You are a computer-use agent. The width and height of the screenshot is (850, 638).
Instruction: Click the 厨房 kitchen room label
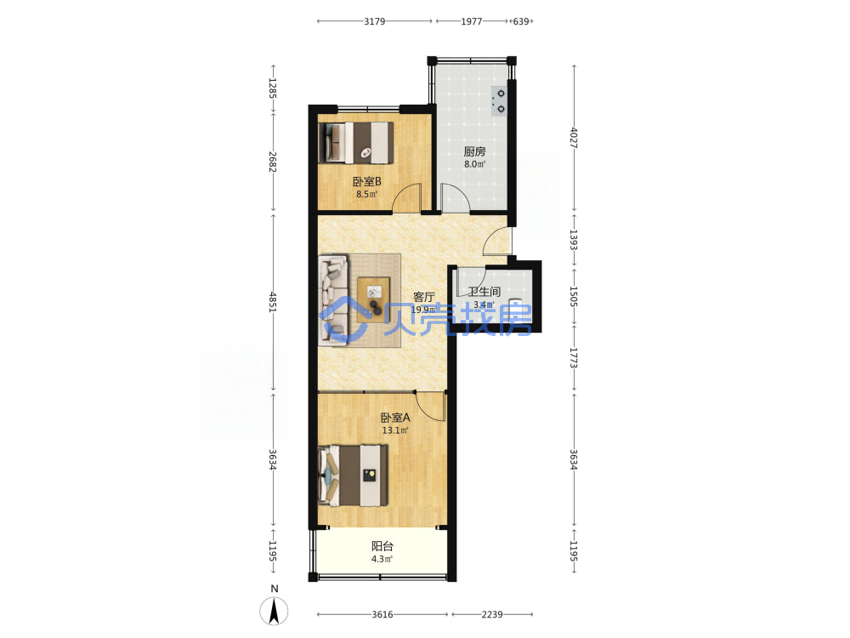click(x=474, y=152)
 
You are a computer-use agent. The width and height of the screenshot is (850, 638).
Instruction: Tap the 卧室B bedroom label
click(x=367, y=182)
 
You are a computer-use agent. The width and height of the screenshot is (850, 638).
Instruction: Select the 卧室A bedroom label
click(x=395, y=418)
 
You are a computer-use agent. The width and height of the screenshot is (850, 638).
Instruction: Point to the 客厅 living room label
click(x=424, y=297)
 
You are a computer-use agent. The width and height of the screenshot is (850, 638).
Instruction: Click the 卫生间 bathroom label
click(x=484, y=292)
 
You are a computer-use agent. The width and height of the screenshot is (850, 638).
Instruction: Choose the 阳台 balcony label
click(x=382, y=546)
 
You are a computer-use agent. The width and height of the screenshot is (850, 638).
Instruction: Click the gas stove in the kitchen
click(x=499, y=101)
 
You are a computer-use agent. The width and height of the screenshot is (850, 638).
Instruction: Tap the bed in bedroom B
click(x=355, y=142)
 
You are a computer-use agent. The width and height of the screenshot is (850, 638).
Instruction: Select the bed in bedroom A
click(x=353, y=476)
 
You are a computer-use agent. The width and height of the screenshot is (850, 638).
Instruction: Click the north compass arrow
click(x=275, y=611)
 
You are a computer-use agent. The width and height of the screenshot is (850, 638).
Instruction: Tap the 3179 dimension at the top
click(x=374, y=21)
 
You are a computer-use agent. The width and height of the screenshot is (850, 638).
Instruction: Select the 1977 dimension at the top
click(x=472, y=21)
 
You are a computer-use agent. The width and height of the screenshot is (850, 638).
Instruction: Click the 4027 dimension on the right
click(x=574, y=138)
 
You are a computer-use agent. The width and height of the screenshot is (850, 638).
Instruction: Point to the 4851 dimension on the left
click(x=273, y=302)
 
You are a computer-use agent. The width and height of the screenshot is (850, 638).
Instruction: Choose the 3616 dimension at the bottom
click(x=382, y=614)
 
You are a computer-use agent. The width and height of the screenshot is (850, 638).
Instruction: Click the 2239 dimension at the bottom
click(x=492, y=614)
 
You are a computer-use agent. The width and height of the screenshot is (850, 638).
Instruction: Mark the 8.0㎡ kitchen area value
click(x=474, y=164)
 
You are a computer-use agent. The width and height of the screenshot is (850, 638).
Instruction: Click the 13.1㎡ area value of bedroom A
click(x=395, y=430)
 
